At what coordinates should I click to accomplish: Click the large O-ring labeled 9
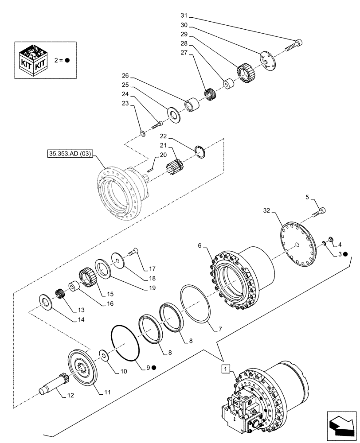[x=125, y=341]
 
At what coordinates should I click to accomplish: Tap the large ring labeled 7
[x=195, y=303]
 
